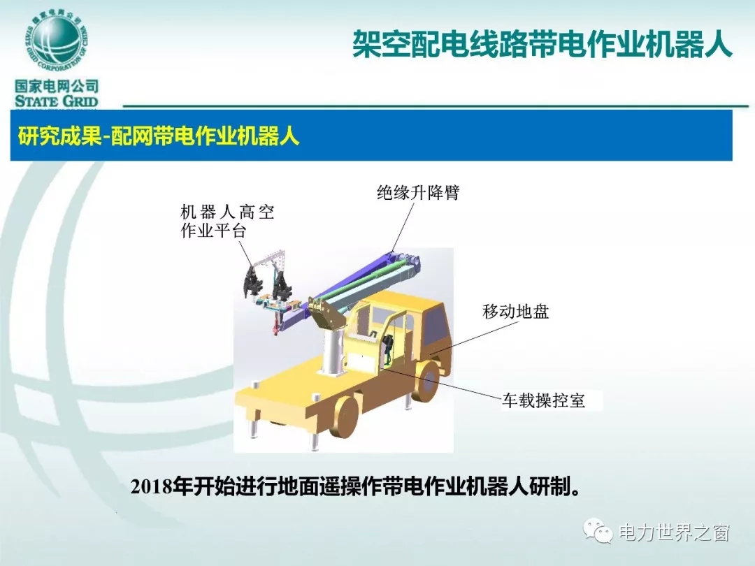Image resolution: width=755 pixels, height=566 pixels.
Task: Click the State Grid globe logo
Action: pos(57,41)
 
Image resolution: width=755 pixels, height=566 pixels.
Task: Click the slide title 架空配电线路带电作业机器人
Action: pos(542,44)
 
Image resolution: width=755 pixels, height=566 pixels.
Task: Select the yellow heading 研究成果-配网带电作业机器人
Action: pos(159,136)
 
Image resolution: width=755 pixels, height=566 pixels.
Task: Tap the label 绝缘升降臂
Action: pos(418,193)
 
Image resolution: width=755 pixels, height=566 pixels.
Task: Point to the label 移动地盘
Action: pos(516,312)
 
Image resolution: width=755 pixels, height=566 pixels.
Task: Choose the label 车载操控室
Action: pos(544,400)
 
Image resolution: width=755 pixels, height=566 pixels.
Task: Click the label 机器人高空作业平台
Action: pos(227,221)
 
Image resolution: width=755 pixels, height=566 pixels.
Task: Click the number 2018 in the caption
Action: pos(151,486)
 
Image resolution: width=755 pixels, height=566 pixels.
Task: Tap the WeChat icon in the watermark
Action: pos(598,531)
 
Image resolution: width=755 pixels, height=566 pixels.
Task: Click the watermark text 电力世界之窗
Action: pos(674,532)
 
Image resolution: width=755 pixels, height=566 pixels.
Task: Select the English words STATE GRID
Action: pos(57,101)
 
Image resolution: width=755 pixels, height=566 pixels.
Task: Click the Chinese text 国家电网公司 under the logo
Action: pos(57,86)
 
